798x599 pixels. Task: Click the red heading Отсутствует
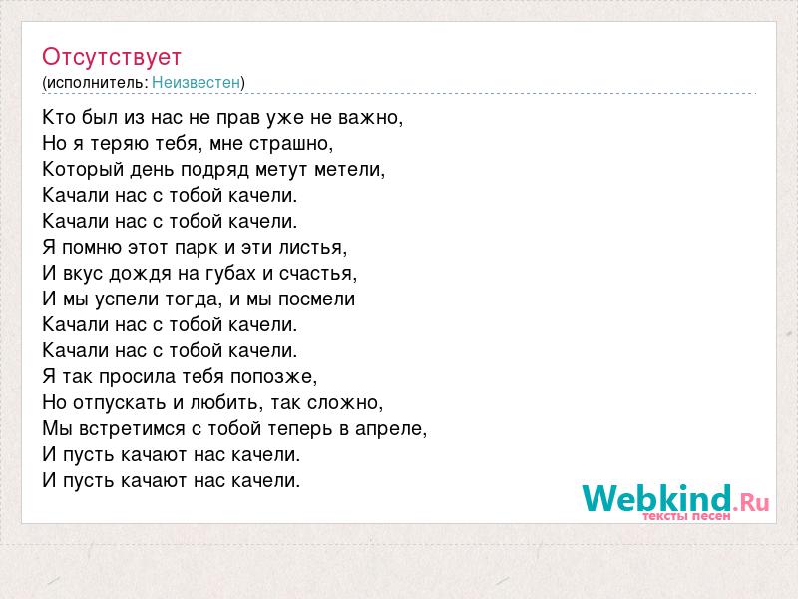(112, 57)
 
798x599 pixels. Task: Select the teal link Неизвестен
(196, 82)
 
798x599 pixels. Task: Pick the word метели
(350, 170)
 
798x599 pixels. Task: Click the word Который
(83, 170)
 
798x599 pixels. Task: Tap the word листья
(313, 248)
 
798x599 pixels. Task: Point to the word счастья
(318, 274)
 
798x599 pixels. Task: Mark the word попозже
(273, 377)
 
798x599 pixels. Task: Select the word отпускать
(120, 403)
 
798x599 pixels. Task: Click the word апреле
(391, 429)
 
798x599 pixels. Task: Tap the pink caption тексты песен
(686, 516)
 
